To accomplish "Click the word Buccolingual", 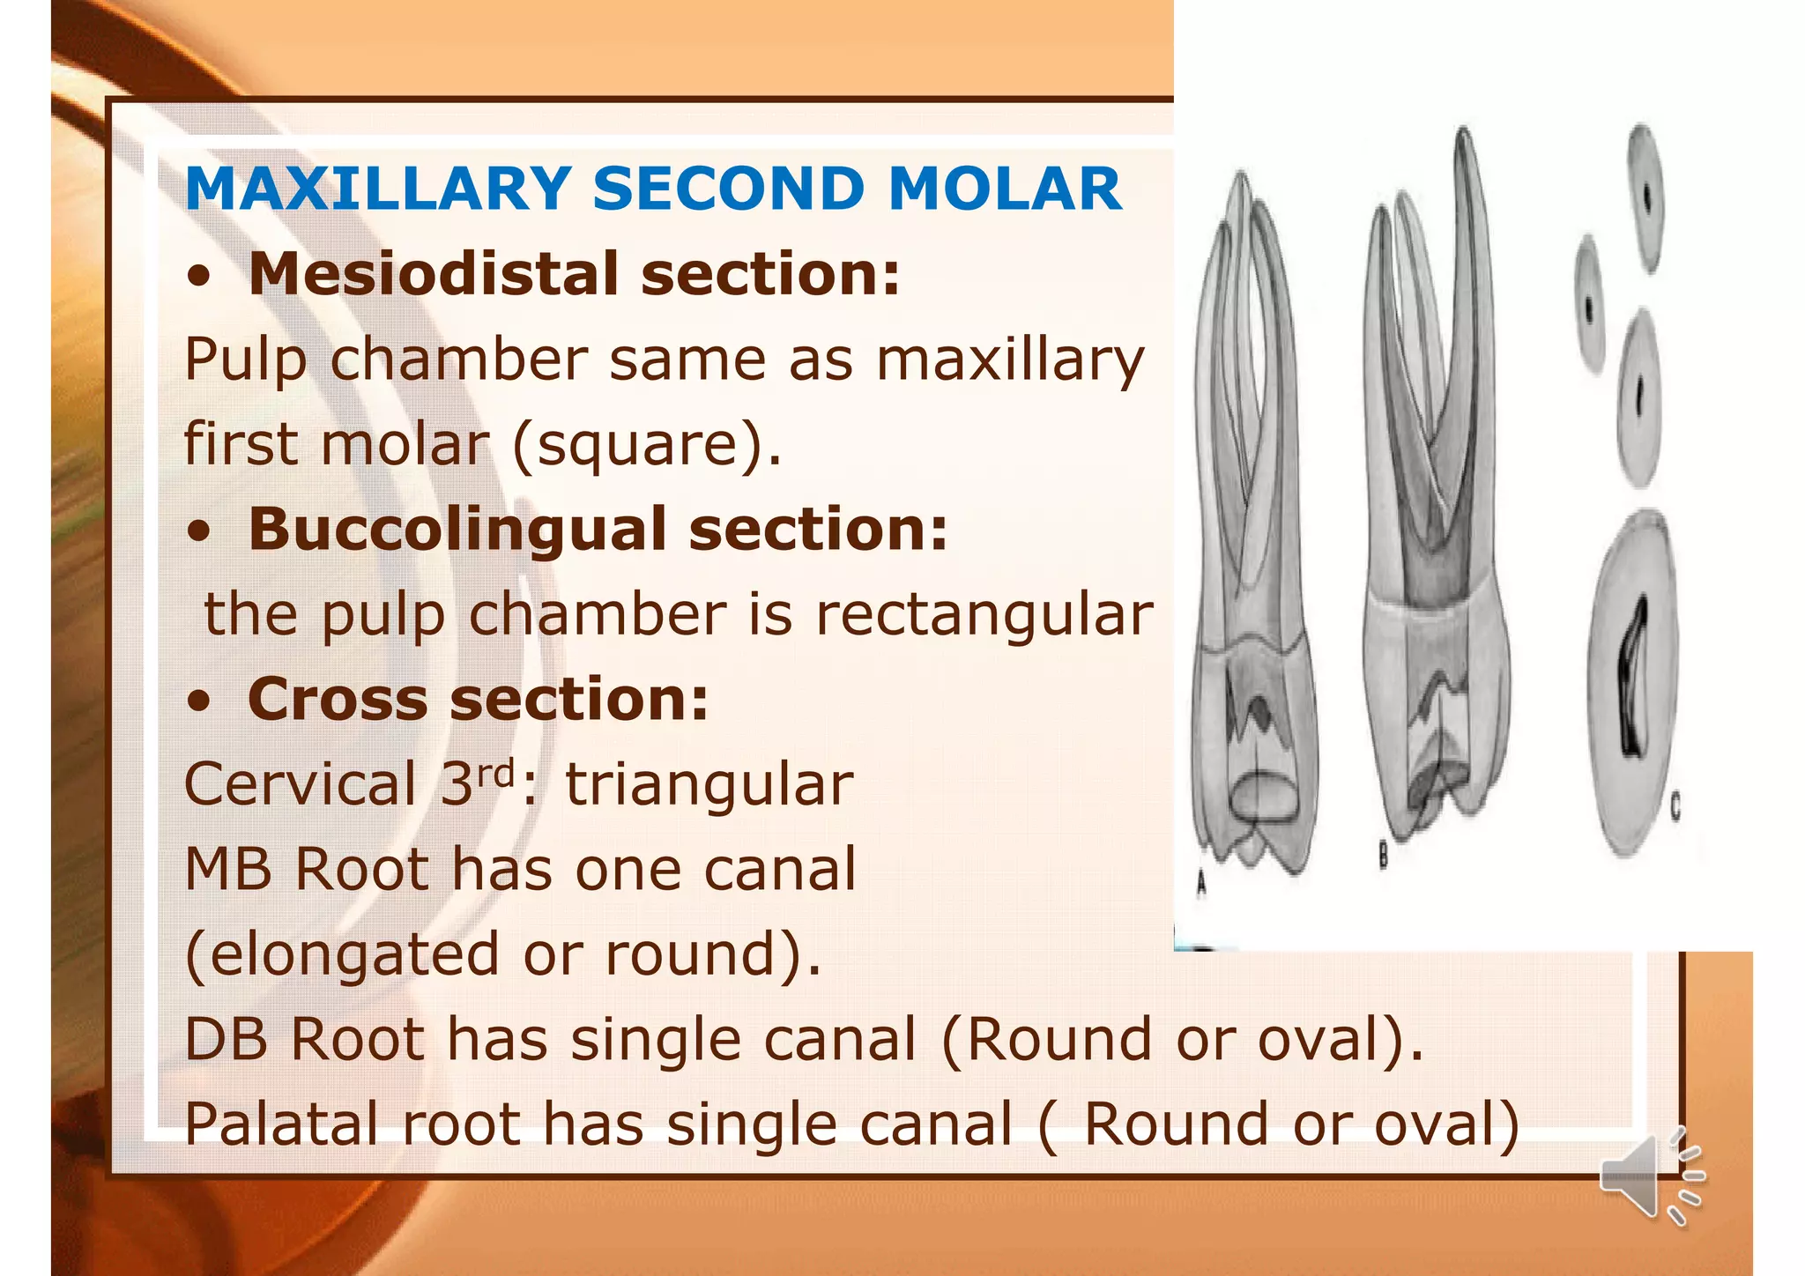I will coord(457,530).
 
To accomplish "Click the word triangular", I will coord(709,784).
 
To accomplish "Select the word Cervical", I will coord(300,784).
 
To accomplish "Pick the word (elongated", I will coord(342,955).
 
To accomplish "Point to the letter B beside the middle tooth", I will coord(1384,854).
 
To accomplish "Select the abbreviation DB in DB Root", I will coord(225,1040).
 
